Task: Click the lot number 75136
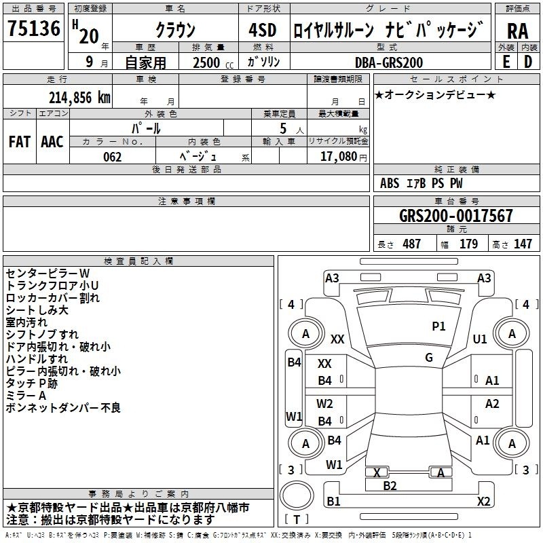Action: coord(34,28)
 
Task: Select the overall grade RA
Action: coord(517,31)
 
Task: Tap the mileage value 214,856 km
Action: coord(79,98)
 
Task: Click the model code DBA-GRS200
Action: coord(389,62)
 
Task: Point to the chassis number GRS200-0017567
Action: coord(455,215)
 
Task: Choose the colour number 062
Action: coord(113,157)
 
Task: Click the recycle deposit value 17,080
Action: coord(338,156)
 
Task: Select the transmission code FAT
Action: coord(20,142)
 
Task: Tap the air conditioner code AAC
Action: coord(52,142)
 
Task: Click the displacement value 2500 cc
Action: coord(213,62)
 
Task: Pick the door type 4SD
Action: coord(263,30)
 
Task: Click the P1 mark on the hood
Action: coord(438,326)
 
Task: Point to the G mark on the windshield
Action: coord(429,358)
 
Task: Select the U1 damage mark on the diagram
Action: coord(480,339)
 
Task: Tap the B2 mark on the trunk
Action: coord(390,485)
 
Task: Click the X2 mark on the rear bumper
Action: coord(483,501)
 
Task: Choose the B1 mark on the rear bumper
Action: coord(333,501)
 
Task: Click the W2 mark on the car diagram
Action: coord(324,403)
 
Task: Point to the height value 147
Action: coord(523,244)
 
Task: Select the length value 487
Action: coord(412,244)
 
